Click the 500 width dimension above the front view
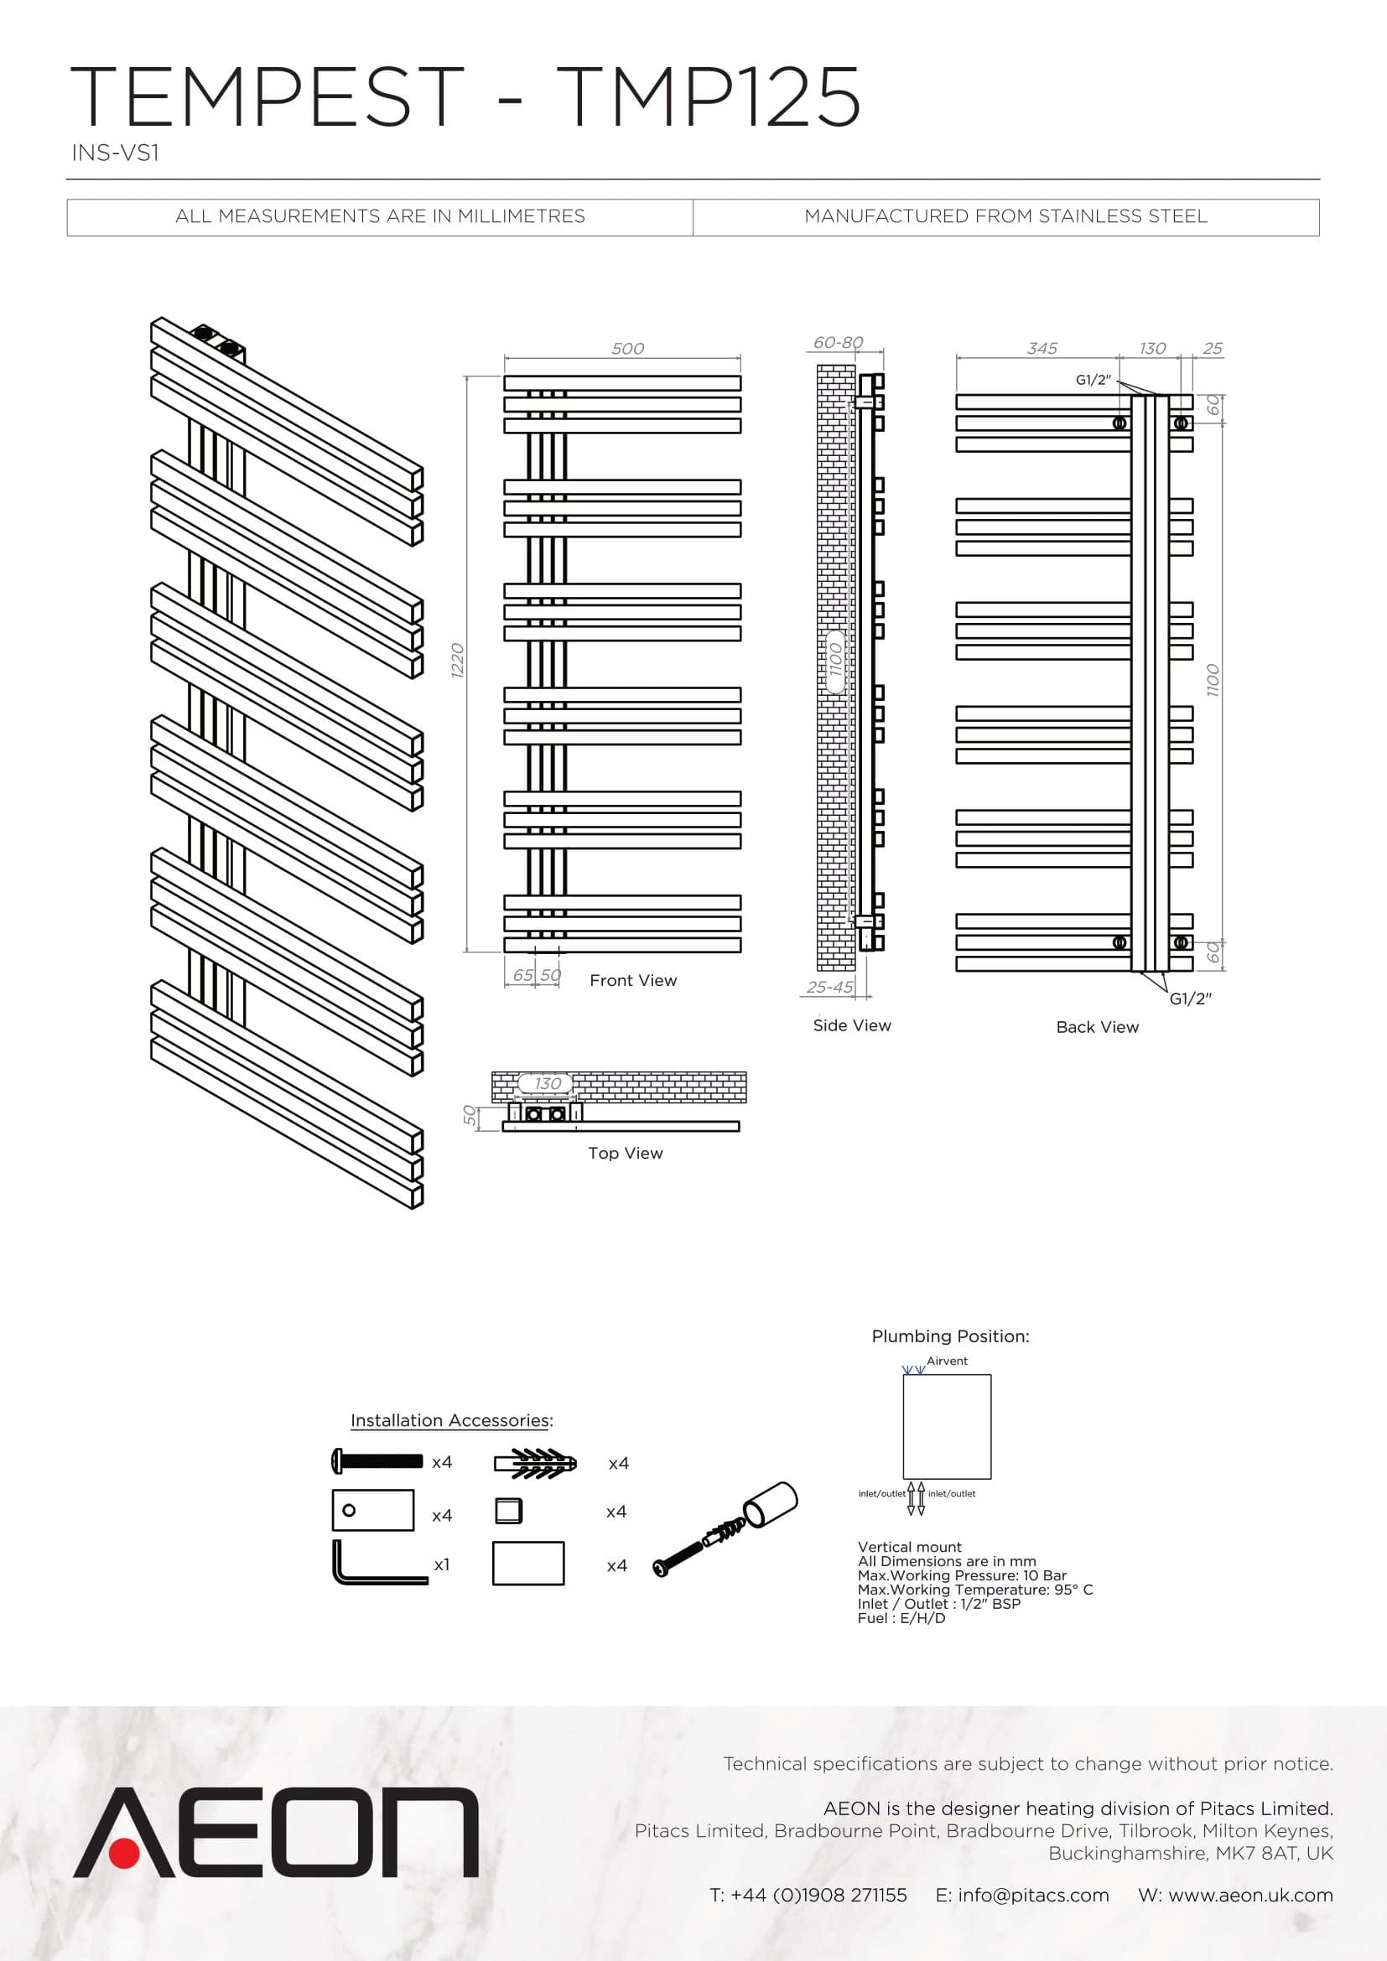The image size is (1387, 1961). [x=628, y=349]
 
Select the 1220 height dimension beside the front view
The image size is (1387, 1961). [x=458, y=661]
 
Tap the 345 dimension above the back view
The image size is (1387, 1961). [x=1042, y=349]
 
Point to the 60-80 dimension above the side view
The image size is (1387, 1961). [x=838, y=343]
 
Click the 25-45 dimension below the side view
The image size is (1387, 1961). [x=830, y=988]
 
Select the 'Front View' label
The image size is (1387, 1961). [x=633, y=981]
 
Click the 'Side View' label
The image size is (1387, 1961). [x=851, y=1025]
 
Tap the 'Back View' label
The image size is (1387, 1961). [x=1098, y=1027]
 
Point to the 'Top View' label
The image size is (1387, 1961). [x=626, y=1153]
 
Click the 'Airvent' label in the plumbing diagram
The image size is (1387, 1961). [x=947, y=1361]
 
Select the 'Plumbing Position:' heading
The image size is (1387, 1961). [x=951, y=1336]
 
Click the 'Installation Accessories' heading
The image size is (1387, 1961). [x=450, y=1419]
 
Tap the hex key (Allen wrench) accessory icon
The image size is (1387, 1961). [x=379, y=1562]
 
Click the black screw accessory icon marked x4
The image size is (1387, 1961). [x=377, y=1461]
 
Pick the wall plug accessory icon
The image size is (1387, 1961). [x=536, y=1463]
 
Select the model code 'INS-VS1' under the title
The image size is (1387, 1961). [x=115, y=153]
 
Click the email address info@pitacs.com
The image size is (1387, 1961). [x=1033, y=1896]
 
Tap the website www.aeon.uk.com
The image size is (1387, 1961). [x=1250, y=1896]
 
